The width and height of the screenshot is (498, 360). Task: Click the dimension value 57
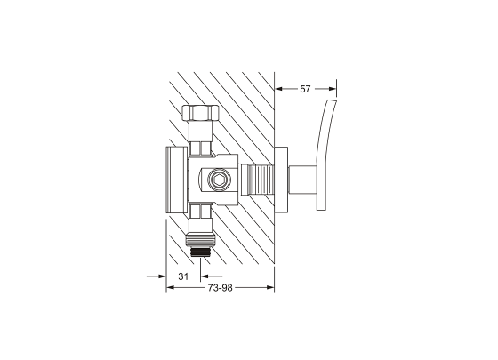click(305, 89)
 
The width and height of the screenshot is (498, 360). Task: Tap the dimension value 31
click(183, 276)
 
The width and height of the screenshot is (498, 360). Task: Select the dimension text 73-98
click(221, 288)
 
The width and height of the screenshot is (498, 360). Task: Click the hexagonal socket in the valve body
click(218, 180)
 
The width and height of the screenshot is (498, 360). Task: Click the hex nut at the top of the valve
click(200, 113)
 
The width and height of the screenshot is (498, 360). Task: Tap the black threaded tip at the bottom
click(200, 252)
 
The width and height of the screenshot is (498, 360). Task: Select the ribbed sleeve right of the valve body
click(261, 180)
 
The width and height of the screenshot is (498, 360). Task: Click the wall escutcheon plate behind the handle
click(281, 180)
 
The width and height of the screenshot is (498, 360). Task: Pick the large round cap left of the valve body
click(177, 180)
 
